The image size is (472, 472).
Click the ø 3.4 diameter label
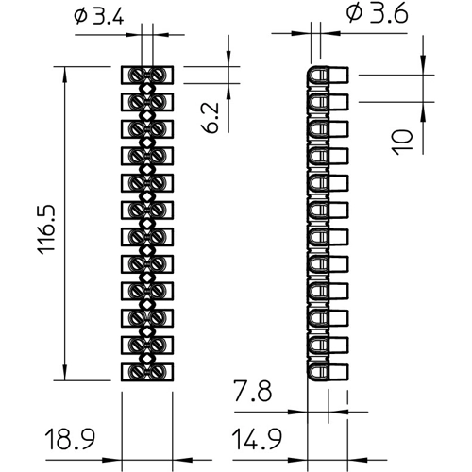click(99, 16)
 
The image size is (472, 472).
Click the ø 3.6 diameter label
click(378, 14)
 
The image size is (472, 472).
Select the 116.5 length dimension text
click(46, 229)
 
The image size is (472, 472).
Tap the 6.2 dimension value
click(210, 117)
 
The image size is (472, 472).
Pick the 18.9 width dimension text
click(70, 439)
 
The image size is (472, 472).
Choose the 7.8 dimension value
click(252, 391)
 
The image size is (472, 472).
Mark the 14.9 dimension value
click(257, 439)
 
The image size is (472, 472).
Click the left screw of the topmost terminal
click(137, 76)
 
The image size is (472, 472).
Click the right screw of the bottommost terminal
click(158, 372)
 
